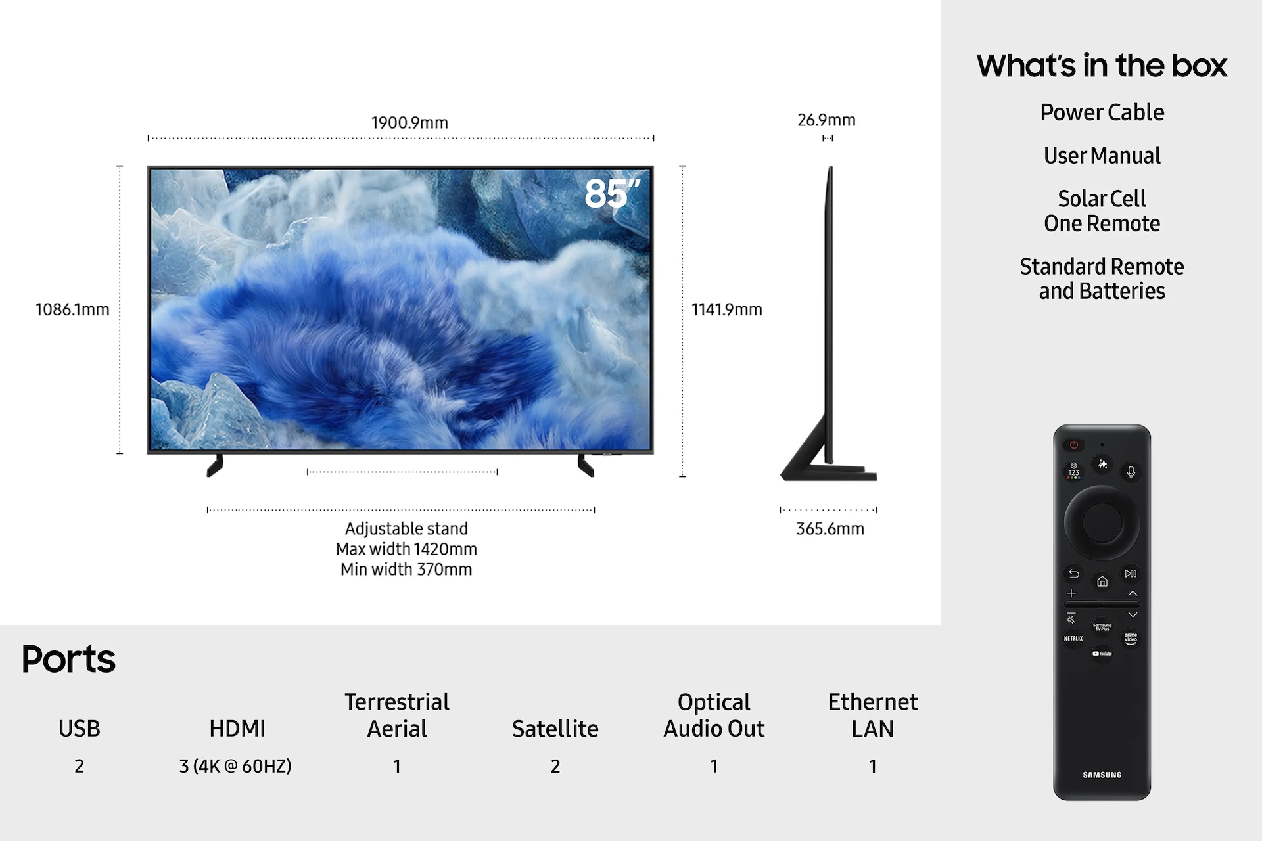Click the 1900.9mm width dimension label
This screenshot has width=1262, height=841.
pos(409,123)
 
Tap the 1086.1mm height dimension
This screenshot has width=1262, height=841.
pos(72,309)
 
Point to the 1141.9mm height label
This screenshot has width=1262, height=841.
pos(726,309)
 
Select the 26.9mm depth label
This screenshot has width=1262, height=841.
pos(826,120)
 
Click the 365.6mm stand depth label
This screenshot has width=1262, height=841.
pos(830,529)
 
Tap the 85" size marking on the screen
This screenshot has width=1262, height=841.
pos(611,194)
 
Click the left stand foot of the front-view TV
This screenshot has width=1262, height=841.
pos(215,465)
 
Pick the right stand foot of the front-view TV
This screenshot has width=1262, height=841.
pos(586,465)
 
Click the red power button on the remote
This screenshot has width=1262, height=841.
pos(1073,445)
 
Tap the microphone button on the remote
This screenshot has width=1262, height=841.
pos(1131,472)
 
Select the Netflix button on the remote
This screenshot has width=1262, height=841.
pos(1073,638)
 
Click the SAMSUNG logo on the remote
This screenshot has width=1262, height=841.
pos(1102,775)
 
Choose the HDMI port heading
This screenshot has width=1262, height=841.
pos(237,729)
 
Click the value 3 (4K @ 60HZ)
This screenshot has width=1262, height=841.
pos(235,766)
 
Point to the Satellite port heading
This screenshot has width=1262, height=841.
pos(555,729)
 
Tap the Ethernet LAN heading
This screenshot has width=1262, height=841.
pos(872,715)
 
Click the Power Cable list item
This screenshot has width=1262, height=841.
pos(1102,112)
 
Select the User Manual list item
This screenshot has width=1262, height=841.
pos(1102,156)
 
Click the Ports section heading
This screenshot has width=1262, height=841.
pos(68,659)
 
